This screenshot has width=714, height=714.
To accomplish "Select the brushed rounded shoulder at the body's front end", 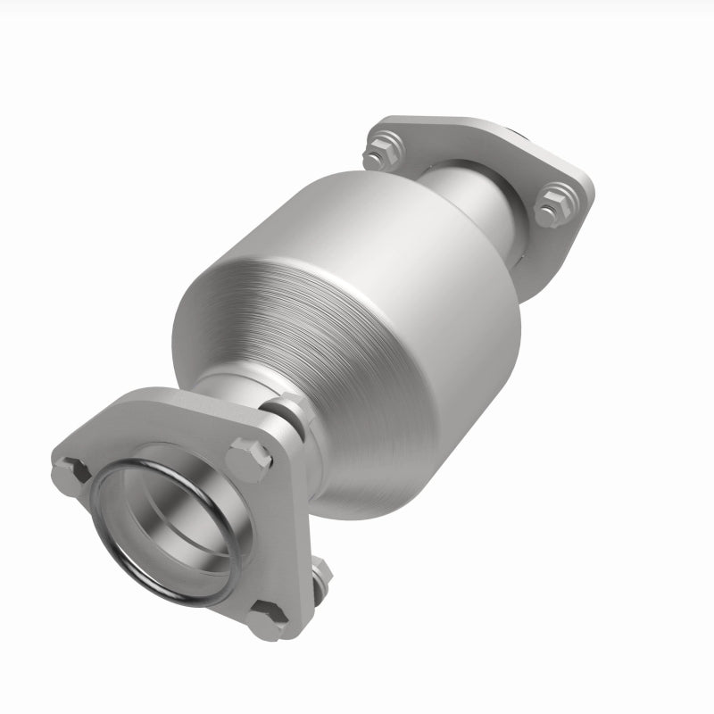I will click(232, 295).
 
